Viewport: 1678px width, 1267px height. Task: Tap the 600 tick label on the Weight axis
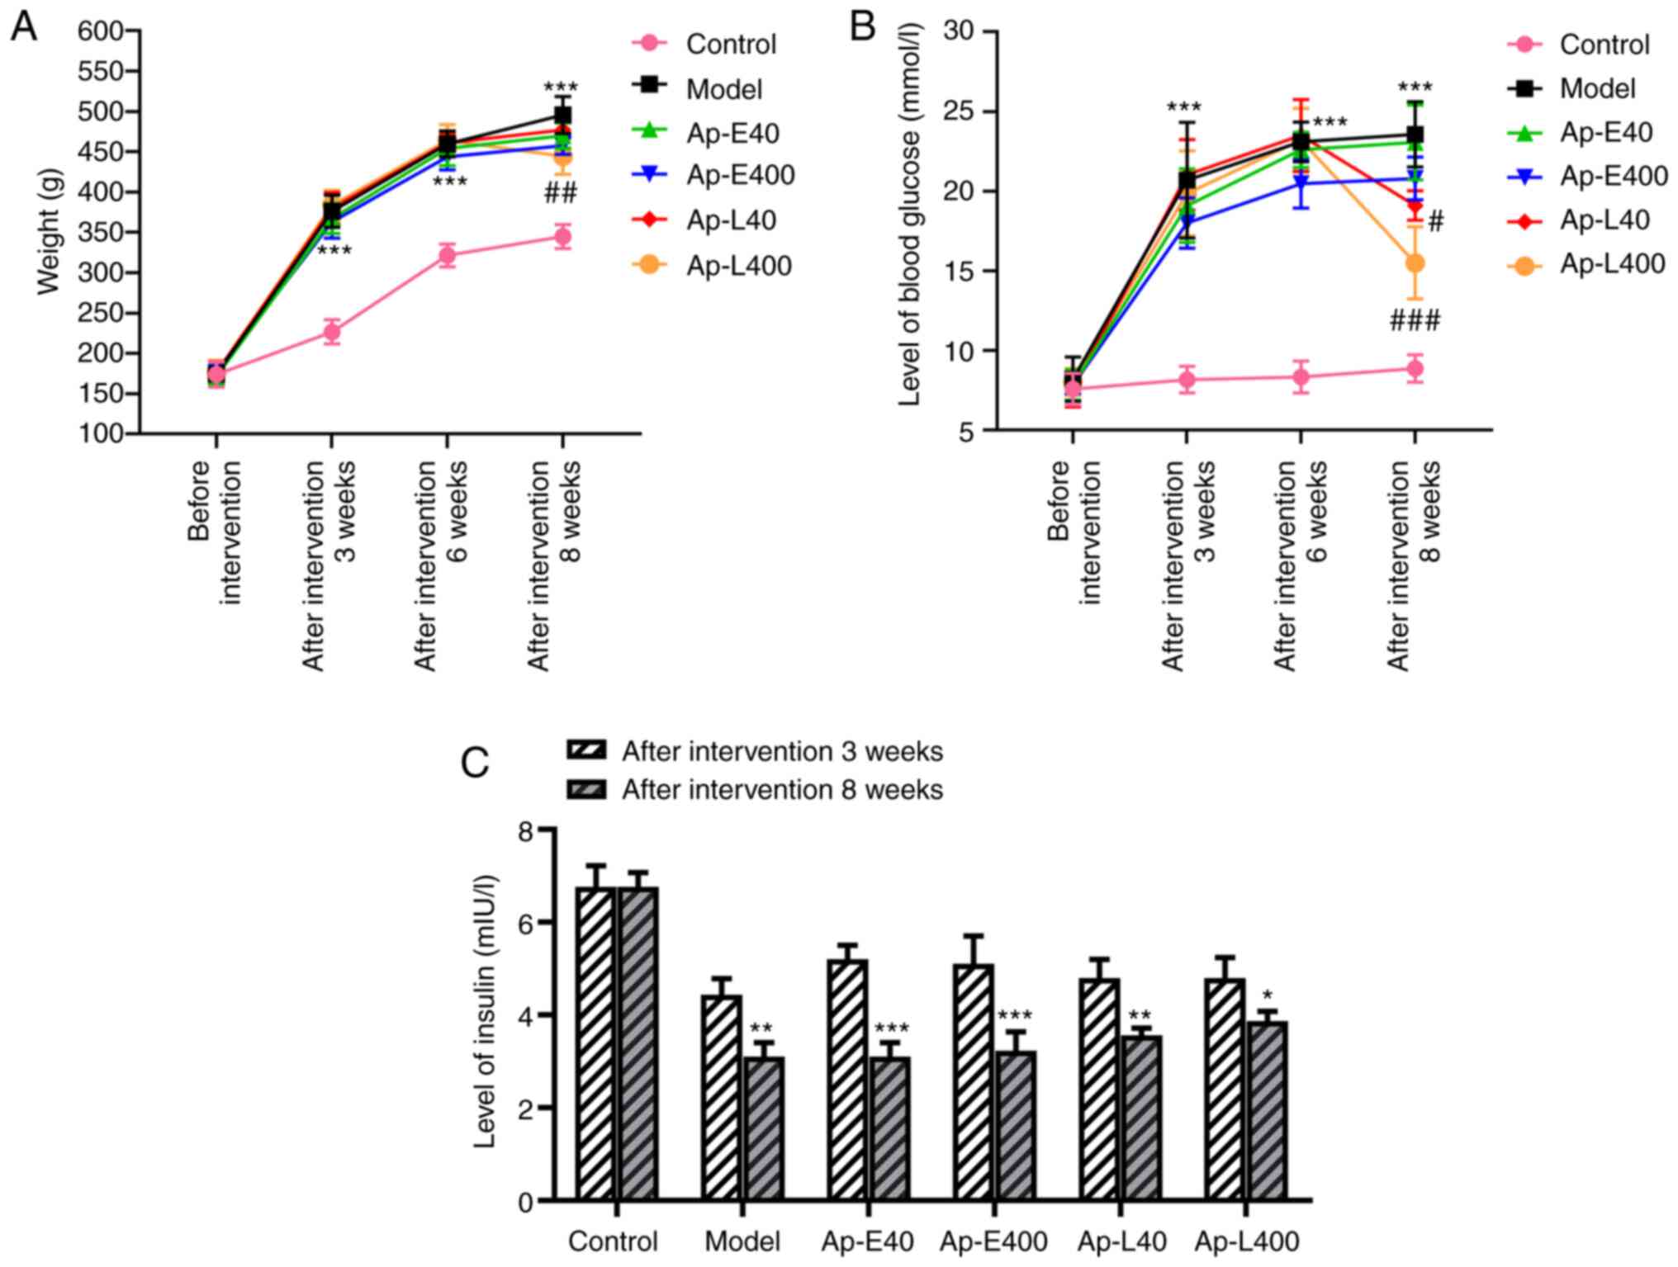point(100,31)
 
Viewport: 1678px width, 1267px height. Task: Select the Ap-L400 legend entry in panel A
point(738,266)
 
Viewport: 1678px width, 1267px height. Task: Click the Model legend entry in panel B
point(1596,88)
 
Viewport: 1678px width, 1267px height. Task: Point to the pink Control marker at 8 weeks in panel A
point(562,237)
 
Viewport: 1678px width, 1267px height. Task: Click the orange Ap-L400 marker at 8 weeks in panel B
point(1415,263)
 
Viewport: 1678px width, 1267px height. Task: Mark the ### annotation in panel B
point(1415,321)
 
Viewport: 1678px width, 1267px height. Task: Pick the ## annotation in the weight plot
point(561,194)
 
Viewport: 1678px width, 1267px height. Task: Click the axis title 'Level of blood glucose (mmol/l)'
point(908,215)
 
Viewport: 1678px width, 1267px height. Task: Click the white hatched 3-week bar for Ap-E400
point(974,1081)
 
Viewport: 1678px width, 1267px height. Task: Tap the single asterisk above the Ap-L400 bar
point(1267,995)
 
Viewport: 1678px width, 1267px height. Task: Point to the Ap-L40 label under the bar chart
point(1121,1241)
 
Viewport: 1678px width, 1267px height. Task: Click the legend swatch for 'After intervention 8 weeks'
point(586,790)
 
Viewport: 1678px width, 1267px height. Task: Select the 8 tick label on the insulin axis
point(525,831)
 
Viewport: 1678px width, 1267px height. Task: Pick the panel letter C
point(475,764)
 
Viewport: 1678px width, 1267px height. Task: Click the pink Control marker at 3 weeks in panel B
point(1187,381)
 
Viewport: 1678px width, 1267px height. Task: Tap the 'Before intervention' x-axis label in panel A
point(215,532)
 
